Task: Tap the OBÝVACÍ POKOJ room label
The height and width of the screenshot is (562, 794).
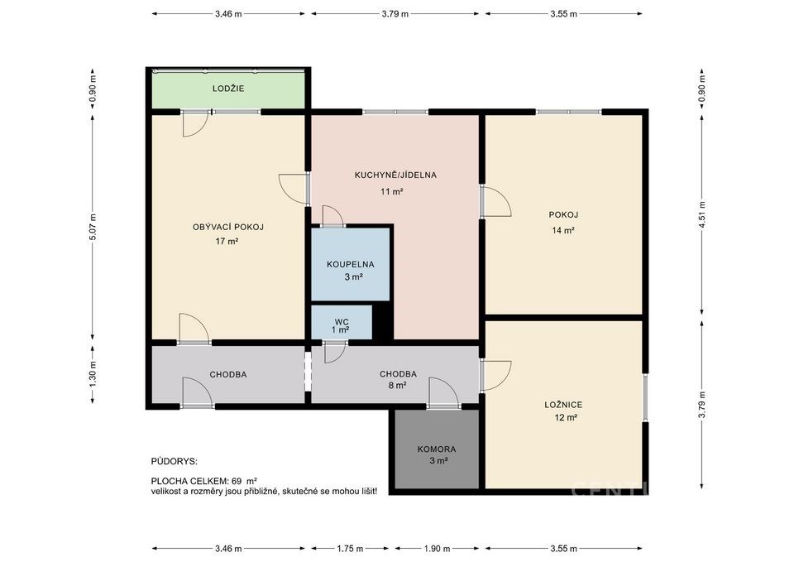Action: click(x=228, y=227)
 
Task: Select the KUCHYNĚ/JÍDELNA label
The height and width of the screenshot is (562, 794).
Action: click(x=395, y=175)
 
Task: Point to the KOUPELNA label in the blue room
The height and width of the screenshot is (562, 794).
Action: click(x=351, y=265)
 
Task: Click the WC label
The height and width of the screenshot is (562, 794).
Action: click(x=342, y=322)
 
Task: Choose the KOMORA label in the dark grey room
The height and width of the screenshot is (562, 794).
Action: click(x=437, y=449)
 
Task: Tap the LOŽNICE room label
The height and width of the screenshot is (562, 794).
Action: click(x=563, y=405)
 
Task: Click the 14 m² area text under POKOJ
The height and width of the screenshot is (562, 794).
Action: click(x=563, y=231)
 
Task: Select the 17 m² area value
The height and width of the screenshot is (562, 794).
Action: click(x=227, y=241)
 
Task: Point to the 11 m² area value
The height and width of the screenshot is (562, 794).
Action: click(x=391, y=191)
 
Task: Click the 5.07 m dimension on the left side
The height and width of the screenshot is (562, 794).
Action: click(x=93, y=227)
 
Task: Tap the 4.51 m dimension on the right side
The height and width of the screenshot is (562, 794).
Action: click(x=702, y=215)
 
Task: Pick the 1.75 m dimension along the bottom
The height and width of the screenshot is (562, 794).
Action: click(x=350, y=548)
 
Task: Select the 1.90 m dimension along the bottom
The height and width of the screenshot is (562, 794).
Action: click(x=437, y=548)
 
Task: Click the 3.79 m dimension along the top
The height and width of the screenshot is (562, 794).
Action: click(x=395, y=14)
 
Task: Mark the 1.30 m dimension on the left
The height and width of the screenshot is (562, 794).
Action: click(x=93, y=376)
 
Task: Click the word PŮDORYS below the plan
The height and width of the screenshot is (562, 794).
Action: click(x=175, y=462)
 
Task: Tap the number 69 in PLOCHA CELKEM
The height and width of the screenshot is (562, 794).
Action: click(x=237, y=481)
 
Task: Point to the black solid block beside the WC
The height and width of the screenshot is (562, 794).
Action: click(x=383, y=321)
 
